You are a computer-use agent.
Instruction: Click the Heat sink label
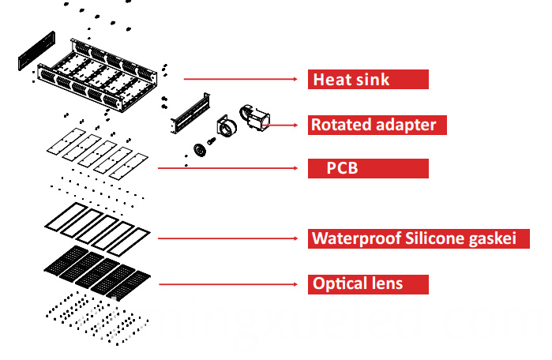pos(368,79)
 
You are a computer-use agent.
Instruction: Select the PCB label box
pos(368,168)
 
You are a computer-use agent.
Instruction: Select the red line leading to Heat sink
pos(245,79)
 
